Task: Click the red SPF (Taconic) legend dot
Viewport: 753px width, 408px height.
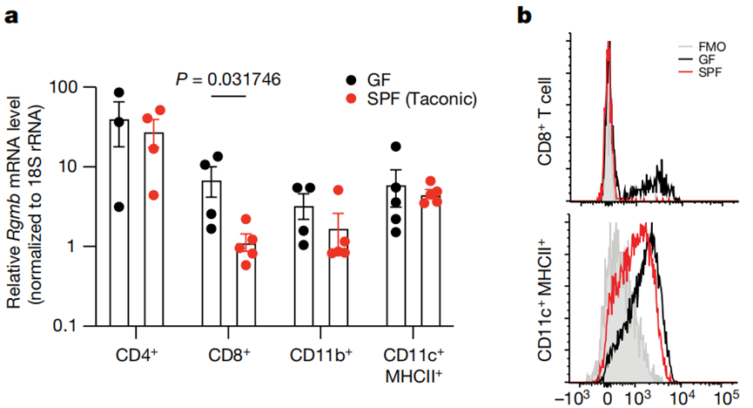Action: (351, 100)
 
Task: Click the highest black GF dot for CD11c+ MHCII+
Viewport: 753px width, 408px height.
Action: (395, 147)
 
